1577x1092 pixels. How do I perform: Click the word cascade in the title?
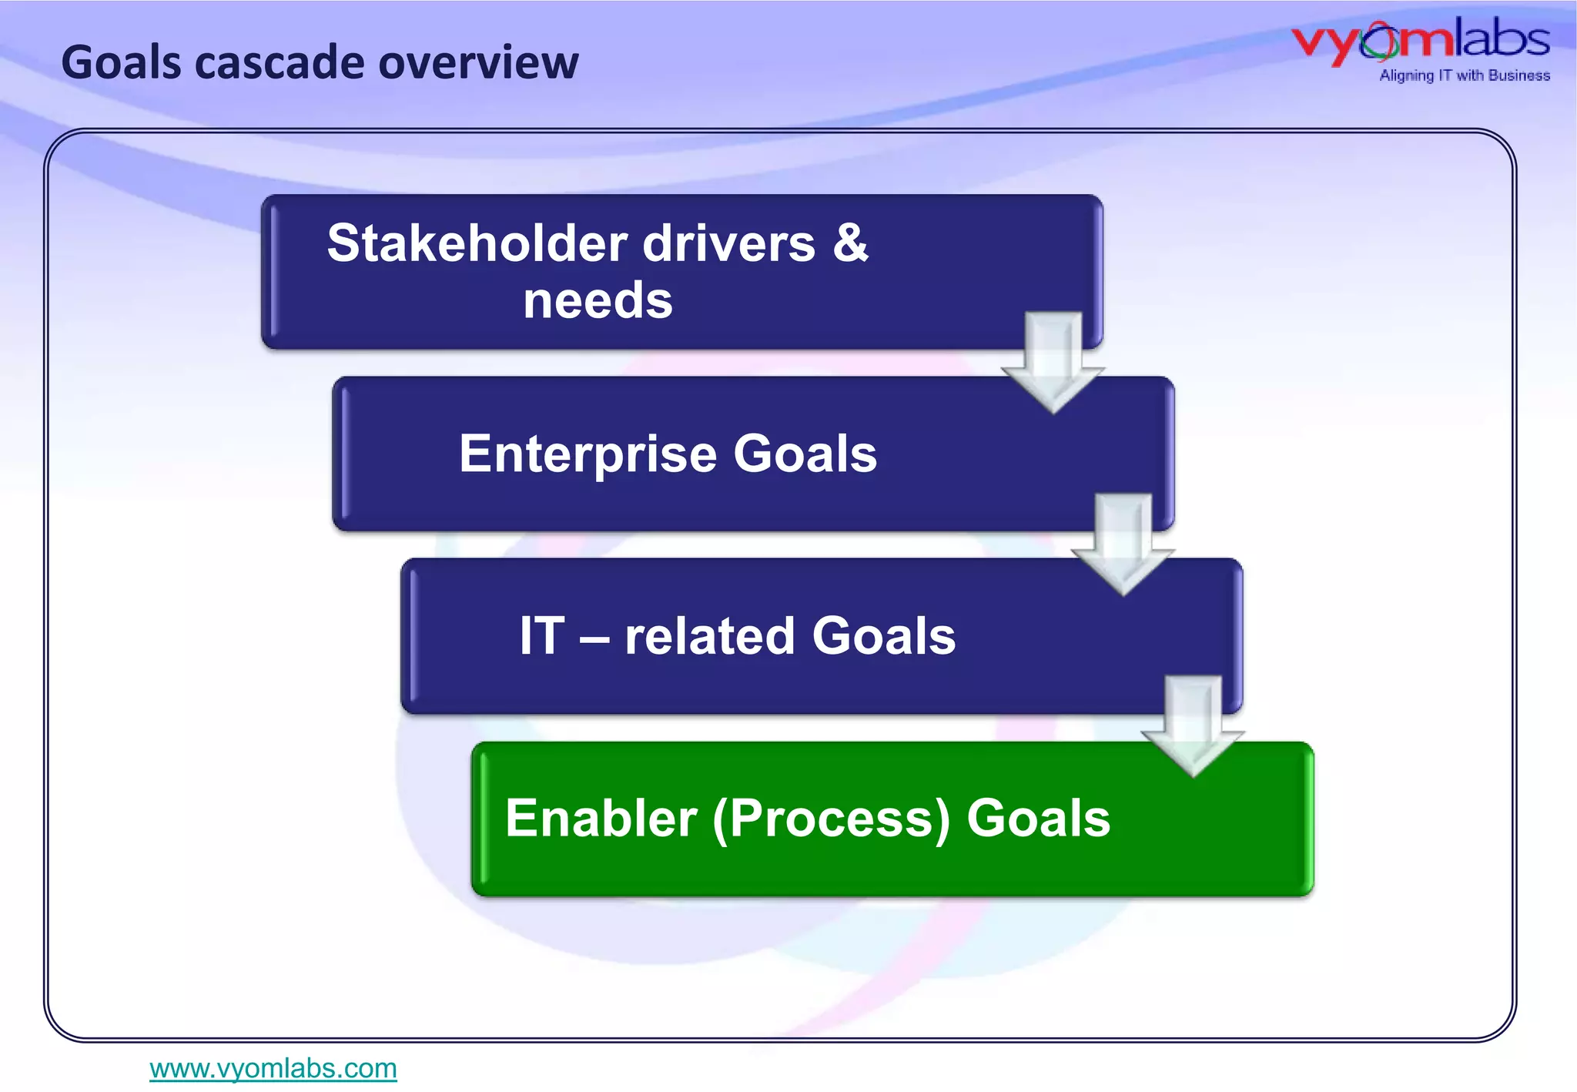(279, 62)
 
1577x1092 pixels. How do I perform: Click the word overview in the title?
(478, 62)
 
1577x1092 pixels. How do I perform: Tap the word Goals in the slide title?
(121, 62)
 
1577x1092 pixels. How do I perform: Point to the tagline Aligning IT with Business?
(1464, 75)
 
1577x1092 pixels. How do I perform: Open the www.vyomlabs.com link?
(273, 1068)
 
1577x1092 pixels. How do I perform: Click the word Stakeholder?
(477, 243)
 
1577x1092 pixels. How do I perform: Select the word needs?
(598, 300)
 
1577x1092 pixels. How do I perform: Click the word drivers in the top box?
(728, 243)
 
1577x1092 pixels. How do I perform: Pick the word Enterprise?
(587, 454)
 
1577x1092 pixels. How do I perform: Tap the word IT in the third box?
(542, 636)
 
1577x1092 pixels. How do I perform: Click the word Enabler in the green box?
(601, 818)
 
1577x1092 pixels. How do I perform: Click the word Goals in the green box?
(1038, 818)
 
